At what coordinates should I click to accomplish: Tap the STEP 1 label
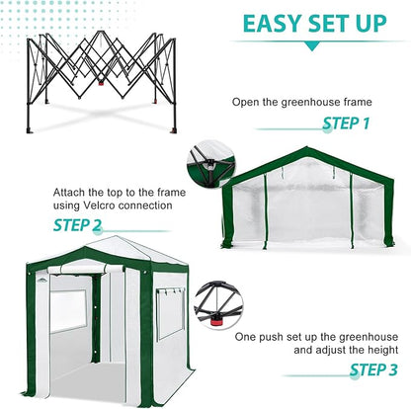point(346,123)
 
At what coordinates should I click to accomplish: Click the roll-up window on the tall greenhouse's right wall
point(169,310)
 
